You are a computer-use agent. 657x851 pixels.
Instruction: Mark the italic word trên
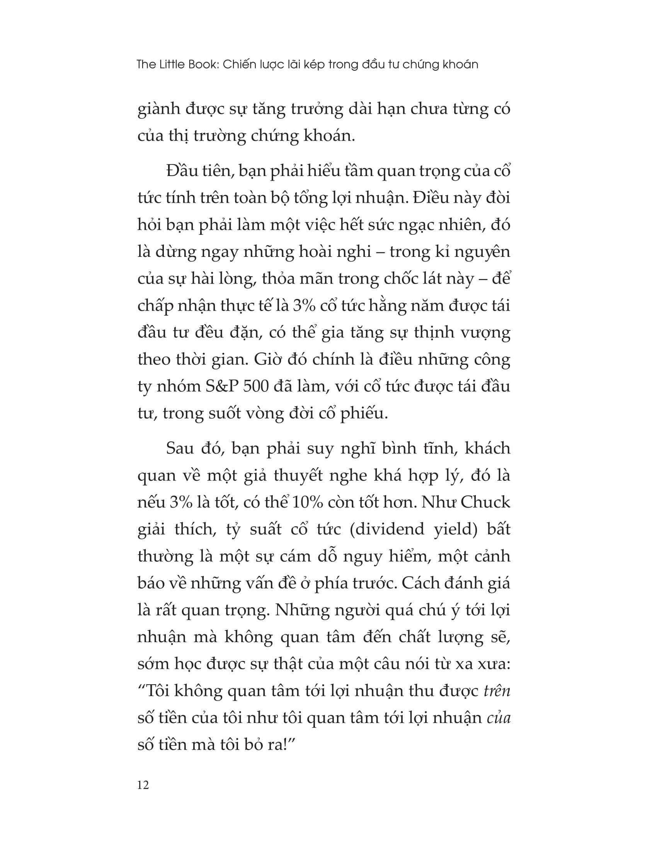496,691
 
